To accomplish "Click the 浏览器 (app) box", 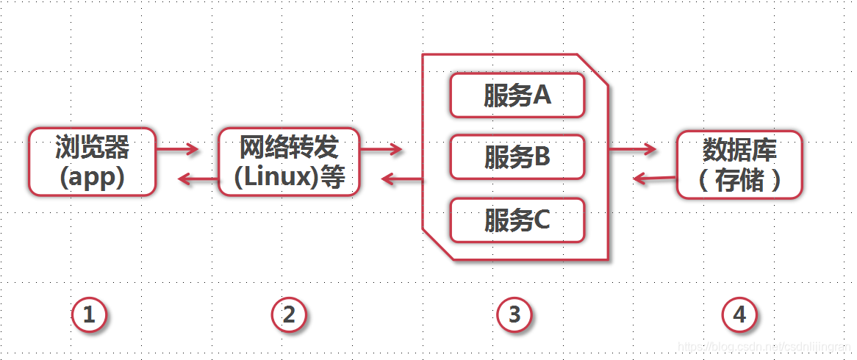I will pos(92,162).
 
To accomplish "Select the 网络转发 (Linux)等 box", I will pos(289,162).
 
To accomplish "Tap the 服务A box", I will pos(517,96).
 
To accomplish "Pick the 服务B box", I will pos(517,156).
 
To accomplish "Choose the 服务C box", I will pos(517,220).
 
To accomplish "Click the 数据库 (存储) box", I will pos(739,165).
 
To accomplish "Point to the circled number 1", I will pos(90,315).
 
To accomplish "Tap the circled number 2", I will pos(289,315).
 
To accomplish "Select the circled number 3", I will pos(514,315).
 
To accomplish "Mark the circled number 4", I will pos(739,315).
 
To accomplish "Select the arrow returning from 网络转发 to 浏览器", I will pos(198,179).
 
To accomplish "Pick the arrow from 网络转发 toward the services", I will pos(381,150).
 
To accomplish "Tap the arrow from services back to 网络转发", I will pos(401,179).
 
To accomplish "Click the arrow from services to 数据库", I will pos(632,150).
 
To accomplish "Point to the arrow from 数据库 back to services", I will pos(654,178).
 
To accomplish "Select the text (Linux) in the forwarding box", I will pos(269,178).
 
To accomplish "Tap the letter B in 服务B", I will pos(542,156).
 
